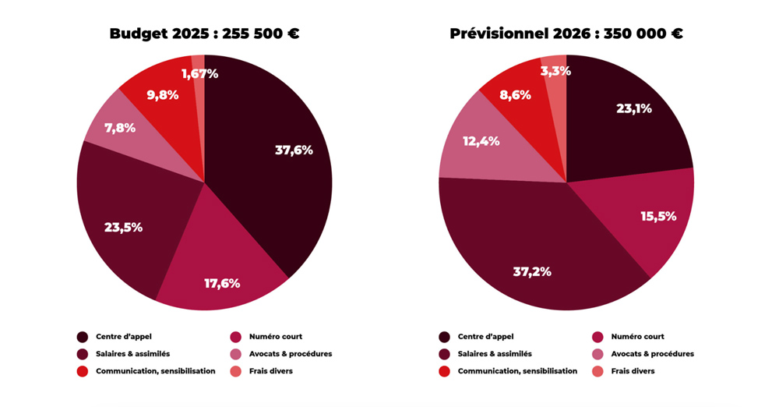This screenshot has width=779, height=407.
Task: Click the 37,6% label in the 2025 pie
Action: (x=294, y=150)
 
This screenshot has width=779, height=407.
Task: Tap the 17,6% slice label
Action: (x=222, y=283)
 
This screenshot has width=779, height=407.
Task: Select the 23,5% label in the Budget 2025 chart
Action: (x=123, y=228)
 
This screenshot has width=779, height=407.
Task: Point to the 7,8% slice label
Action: (x=120, y=128)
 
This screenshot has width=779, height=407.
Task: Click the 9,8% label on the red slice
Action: (x=163, y=95)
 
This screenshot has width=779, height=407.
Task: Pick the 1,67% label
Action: (x=199, y=74)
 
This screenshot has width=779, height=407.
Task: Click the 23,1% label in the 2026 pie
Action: (x=633, y=108)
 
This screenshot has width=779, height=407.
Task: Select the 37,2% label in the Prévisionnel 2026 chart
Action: (x=532, y=271)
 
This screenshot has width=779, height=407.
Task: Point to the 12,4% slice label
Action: (x=481, y=142)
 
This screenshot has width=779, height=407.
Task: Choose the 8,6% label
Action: (x=515, y=95)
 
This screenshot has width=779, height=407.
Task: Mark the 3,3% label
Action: (x=555, y=71)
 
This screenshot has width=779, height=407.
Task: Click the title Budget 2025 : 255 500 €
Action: (x=204, y=34)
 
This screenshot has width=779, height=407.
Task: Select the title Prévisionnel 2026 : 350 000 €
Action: (x=566, y=34)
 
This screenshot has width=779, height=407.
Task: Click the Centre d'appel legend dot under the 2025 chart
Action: (x=82, y=337)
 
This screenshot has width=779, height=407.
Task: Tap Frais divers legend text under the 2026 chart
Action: (x=633, y=371)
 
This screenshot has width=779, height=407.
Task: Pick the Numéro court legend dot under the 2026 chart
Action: (x=597, y=337)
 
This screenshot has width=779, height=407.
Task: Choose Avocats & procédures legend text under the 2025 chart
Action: (x=291, y=354)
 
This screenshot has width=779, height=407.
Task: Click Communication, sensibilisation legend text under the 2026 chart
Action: (x=517, y=371)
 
